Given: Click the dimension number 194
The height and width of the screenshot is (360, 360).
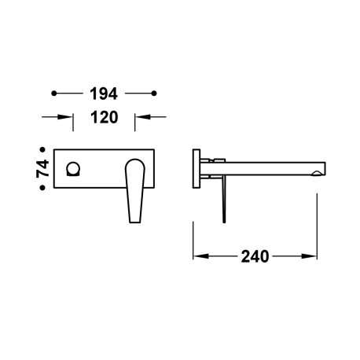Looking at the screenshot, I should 101,94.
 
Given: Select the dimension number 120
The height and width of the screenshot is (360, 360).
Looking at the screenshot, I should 101,118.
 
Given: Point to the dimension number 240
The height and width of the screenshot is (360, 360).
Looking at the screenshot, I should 256,256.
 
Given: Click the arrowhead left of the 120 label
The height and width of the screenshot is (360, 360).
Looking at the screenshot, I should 68,118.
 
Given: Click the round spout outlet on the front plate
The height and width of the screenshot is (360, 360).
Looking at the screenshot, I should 75,167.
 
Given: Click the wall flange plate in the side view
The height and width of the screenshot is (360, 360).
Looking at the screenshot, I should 198,167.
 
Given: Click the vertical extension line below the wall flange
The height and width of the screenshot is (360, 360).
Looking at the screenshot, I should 194,228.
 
